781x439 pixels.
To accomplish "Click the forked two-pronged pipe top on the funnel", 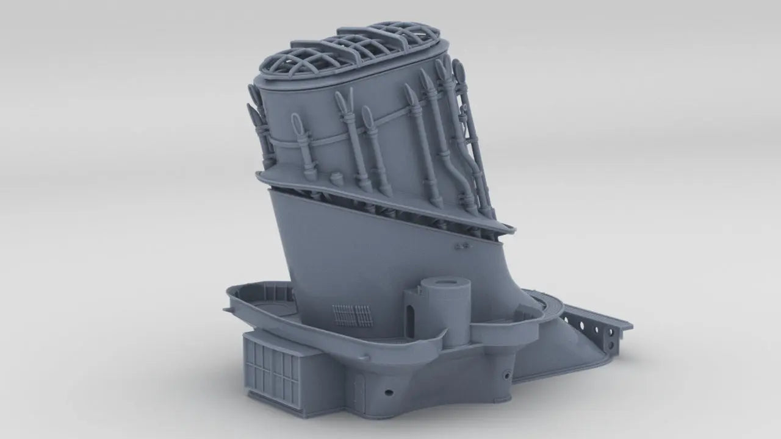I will pos(347,98).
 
